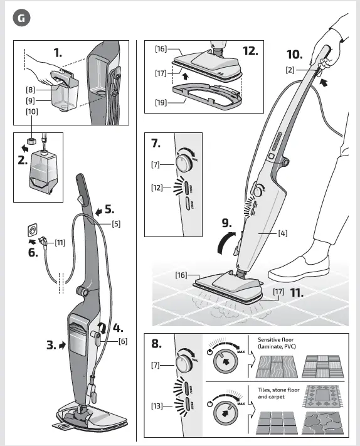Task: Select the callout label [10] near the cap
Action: (x=31, y=111)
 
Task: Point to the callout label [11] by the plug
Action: (x=60, y=242)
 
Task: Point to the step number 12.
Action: (x=250, y=50)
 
